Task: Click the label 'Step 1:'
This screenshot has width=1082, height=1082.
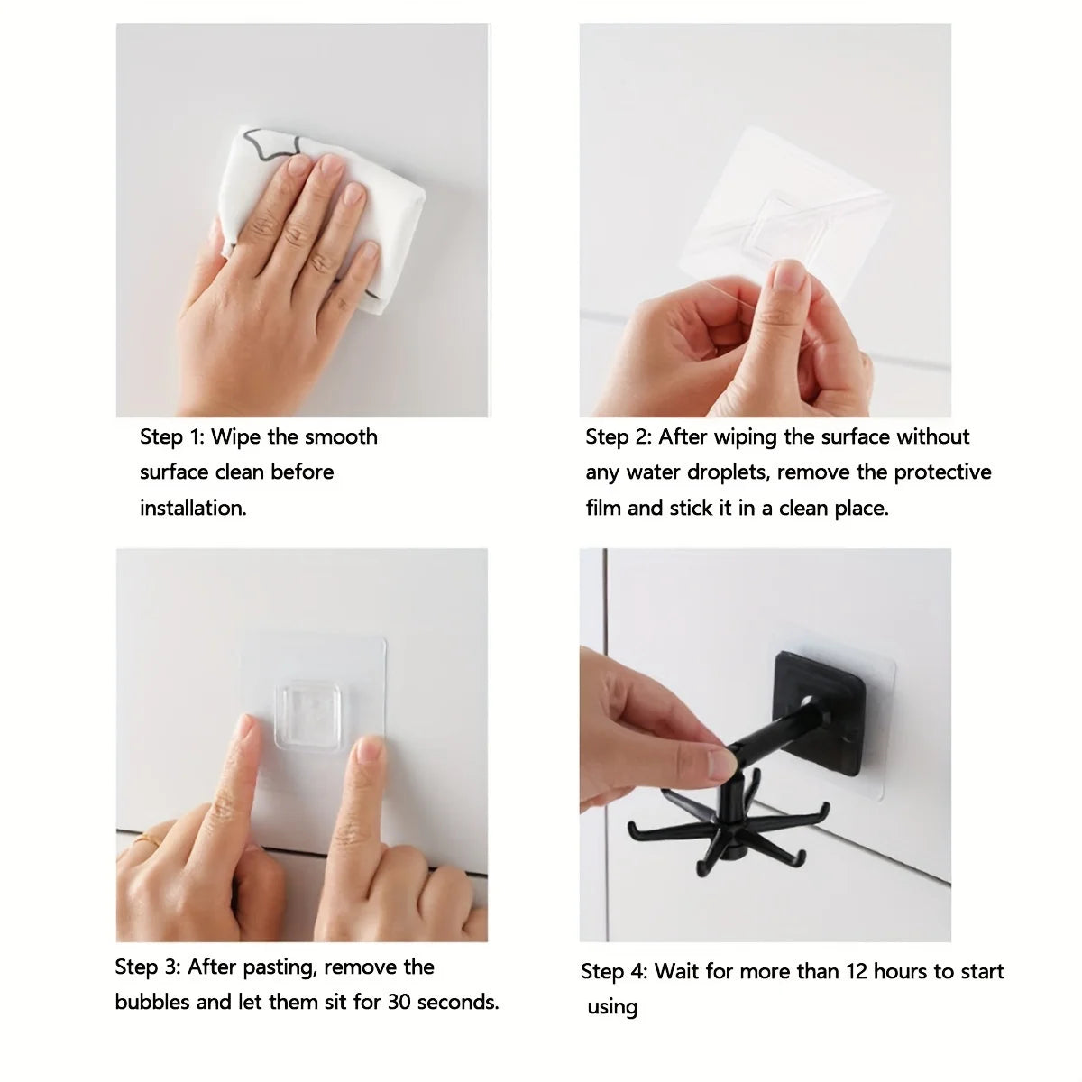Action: point(171,437)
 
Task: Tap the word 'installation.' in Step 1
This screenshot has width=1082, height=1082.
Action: point(193,508)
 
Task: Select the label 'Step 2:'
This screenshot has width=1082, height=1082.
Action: point(619,437)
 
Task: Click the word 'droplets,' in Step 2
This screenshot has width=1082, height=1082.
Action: point(728,472)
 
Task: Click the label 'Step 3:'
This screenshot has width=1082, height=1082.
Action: point(148,967)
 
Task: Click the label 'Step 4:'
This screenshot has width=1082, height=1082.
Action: point(614,972)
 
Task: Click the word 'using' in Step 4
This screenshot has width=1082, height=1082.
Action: point(612,1007)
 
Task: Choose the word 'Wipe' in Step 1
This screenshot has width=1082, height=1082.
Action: point(236,437)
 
